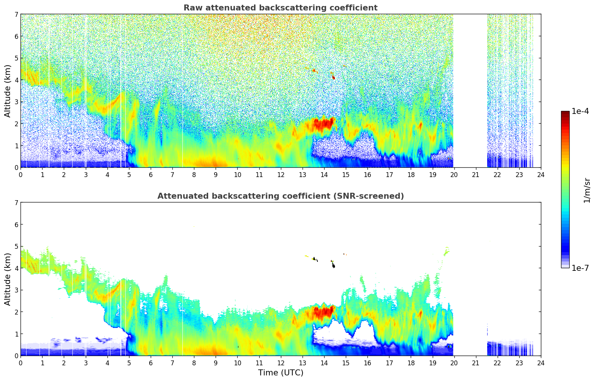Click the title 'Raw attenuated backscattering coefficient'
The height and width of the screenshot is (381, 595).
point(280,8)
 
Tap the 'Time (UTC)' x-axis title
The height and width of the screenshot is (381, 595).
point(281,373)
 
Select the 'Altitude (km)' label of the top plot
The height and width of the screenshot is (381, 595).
point(8,91)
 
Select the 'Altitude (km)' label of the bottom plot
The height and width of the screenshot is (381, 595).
point(8,279)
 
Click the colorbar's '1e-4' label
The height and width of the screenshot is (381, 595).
point(580,111)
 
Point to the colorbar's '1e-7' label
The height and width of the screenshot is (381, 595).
point(580,268)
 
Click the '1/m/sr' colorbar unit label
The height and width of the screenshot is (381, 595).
point(587,190)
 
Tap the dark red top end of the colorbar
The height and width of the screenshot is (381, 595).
point(565,113)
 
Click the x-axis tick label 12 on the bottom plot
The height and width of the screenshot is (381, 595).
point(281,363)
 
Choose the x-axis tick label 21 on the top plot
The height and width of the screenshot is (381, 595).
point(476,175)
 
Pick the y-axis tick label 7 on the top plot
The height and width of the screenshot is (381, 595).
point(16,15)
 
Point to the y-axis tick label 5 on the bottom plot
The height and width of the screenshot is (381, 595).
point(16,247)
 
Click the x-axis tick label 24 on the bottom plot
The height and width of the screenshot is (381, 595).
point(541,363)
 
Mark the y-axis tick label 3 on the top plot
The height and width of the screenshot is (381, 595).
point(16,102)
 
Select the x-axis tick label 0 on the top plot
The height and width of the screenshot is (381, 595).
point(21,175)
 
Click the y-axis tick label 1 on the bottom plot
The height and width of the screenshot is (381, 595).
point(16,334)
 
